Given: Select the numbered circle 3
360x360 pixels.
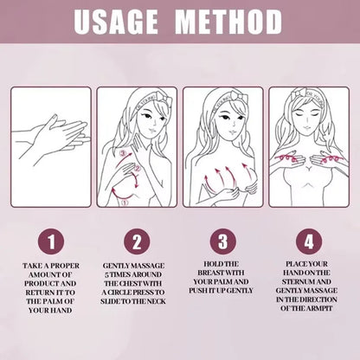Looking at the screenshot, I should pyautogui.click(x=222, y=237).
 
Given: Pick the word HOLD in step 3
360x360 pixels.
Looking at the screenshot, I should pyautogui.click(x=213, y=263).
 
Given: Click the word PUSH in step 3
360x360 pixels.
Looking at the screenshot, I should pyautogui.click(x=201, y=292).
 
